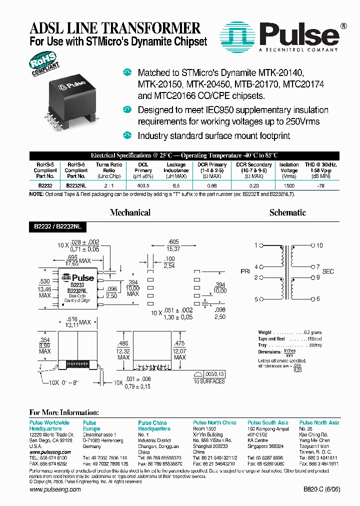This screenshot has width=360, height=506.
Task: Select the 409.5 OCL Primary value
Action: [143, 184]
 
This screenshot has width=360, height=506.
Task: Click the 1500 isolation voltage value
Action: [289, 184]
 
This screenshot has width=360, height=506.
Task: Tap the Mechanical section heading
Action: [130, 212]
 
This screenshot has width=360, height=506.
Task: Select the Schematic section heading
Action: [287, 212]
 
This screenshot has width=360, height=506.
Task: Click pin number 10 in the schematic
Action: [319, 245]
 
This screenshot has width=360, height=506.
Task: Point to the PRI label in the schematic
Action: [245, 271]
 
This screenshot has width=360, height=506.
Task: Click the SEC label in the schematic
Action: [327, 271]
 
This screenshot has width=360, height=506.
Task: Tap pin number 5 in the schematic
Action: [256, 299]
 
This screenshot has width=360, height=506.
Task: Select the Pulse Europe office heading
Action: [91, 425]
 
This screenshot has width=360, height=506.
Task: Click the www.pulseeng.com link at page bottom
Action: [55, 490]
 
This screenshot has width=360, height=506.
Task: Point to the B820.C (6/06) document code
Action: [321, 490]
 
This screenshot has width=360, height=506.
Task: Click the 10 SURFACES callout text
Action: [209, 381]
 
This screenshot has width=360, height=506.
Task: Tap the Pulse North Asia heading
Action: [319, 422]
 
